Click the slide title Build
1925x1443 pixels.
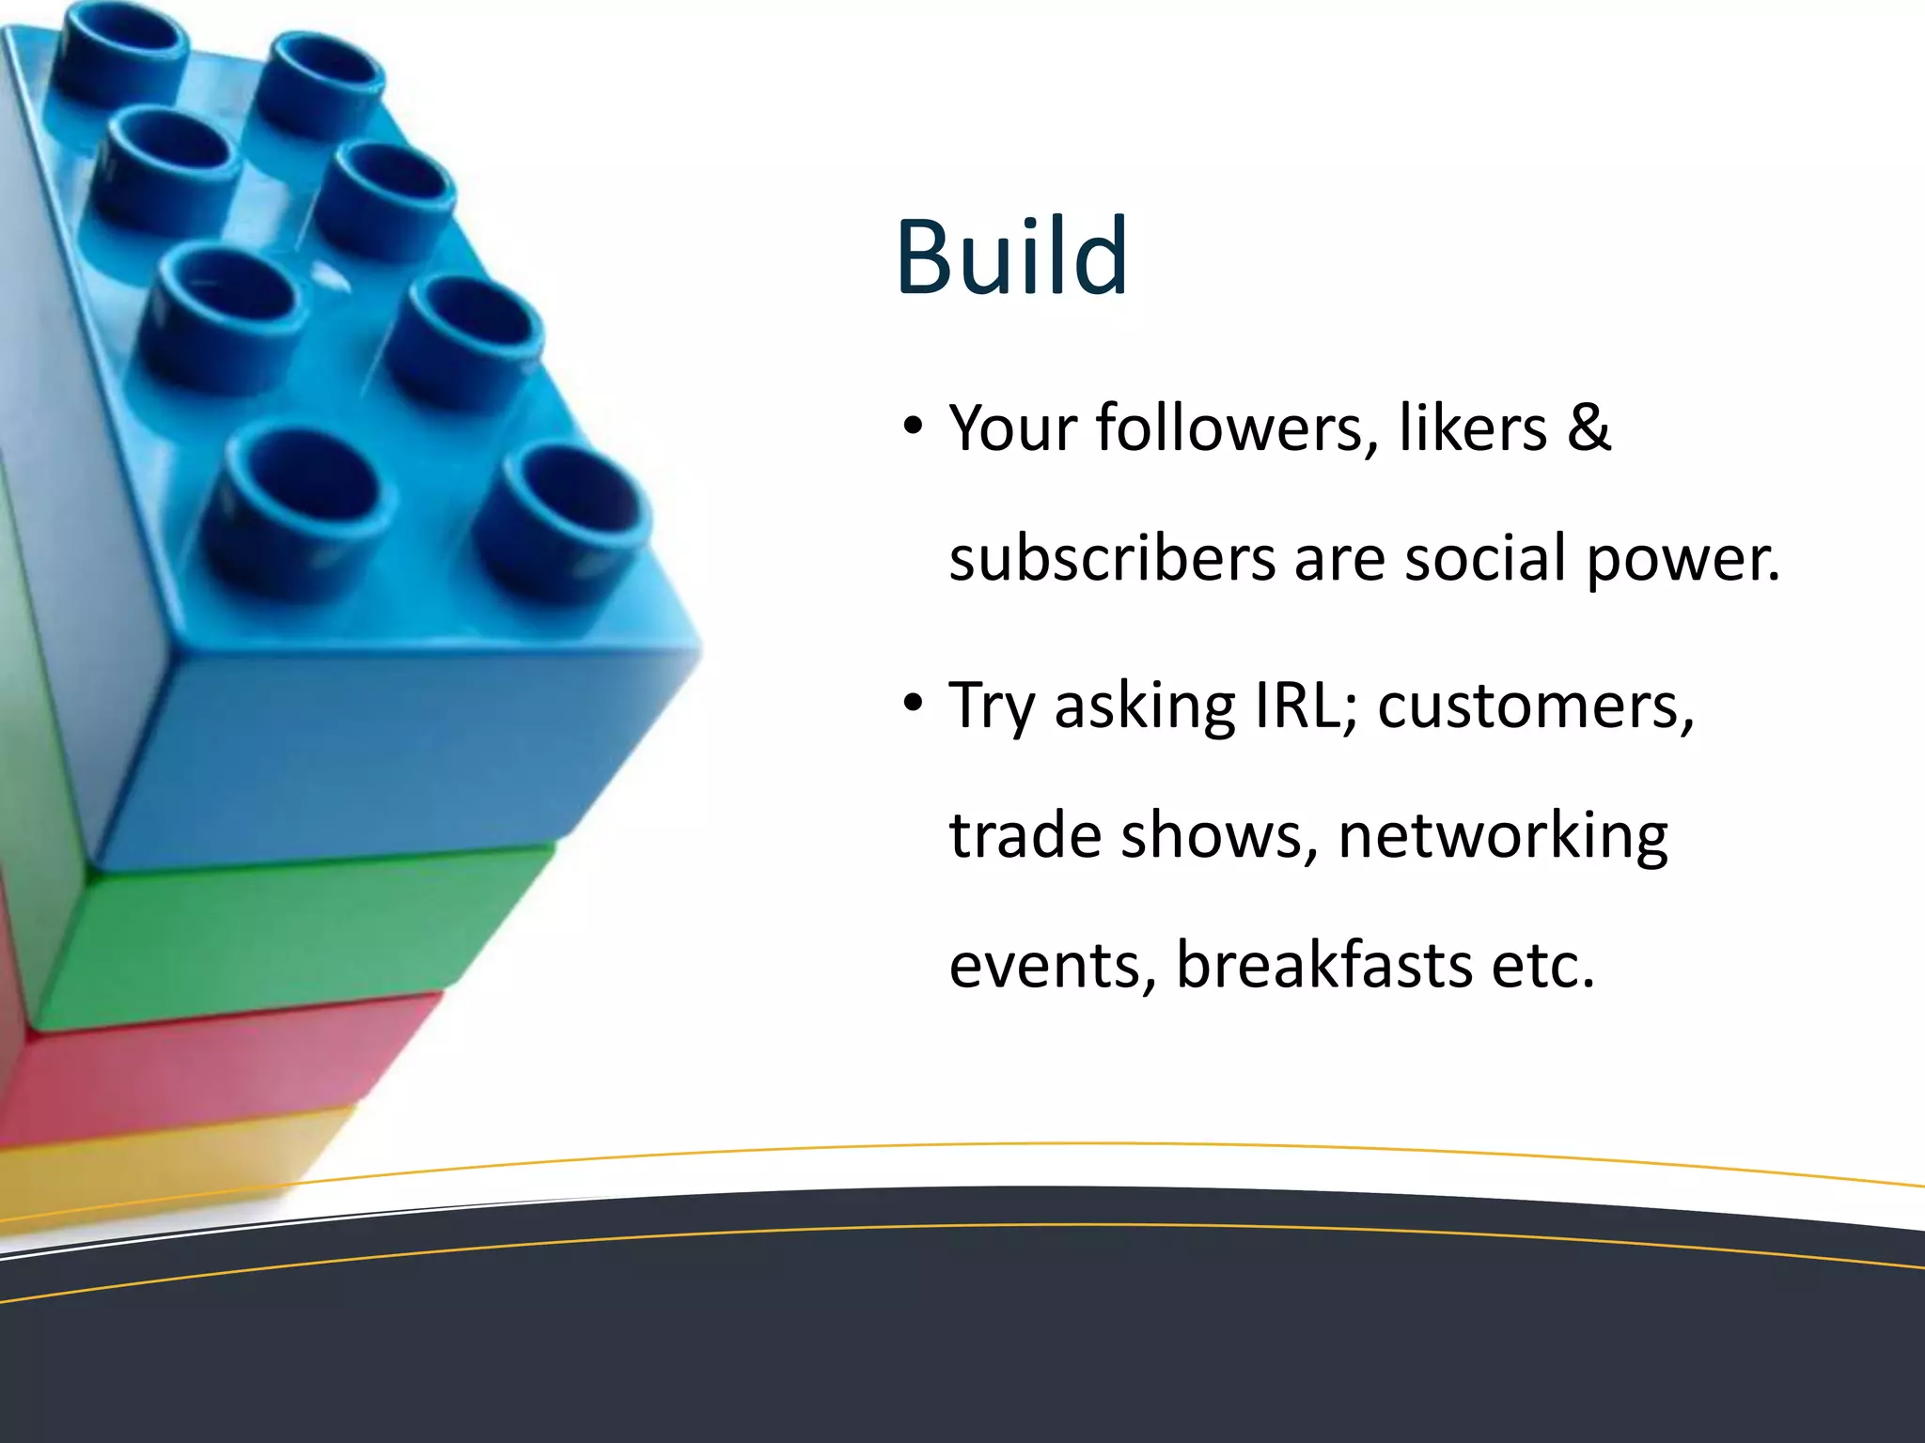coord(1011,256)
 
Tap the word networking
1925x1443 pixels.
coord(1502,836)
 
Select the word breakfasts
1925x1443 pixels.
coord(1323,966)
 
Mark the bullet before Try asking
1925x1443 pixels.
coord(913,704)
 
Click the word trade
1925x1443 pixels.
coord(1025,835)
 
